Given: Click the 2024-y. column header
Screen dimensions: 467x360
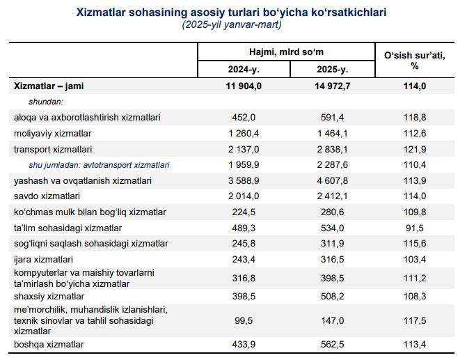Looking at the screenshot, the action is (x=244, y=69).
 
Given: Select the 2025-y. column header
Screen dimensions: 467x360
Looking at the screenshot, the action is (x=333, y=69).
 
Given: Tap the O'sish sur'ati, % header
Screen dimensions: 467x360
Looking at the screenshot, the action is (x=415, y=60).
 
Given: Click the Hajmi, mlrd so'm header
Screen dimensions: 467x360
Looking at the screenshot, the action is (x=286, y=52).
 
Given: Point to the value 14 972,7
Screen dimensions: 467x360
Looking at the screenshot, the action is (x=333, y=86).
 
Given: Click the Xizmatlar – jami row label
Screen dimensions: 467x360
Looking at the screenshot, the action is (x=49, y=86).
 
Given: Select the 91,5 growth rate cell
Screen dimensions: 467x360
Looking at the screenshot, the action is (x=415, y=228).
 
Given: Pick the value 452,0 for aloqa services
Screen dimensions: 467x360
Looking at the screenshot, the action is (x=244, y=117).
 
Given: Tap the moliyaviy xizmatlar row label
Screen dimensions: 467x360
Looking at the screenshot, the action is (x=52, y=133).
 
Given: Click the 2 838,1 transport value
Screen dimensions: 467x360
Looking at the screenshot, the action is (x=333, y=149).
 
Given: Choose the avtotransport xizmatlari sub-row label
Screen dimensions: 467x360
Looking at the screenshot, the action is (x=126, y=165).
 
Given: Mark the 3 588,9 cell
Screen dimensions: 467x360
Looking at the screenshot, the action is (x=244, y=180).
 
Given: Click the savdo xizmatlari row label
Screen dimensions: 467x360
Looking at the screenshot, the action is (x=47, y=196).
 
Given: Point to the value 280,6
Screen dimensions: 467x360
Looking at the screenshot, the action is (x=333, y=212).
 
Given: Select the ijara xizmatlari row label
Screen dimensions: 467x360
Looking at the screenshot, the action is (x=43, y=259).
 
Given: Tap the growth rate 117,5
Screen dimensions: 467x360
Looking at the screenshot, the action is (x=415, y=321).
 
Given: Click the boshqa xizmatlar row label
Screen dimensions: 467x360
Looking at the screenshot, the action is (x=49, y=344).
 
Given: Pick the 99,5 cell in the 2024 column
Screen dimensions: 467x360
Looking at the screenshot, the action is (x=244, y=321).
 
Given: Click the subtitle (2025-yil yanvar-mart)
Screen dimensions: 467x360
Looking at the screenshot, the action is (x=232, y=24).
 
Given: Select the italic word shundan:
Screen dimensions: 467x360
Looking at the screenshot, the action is (x=46, y=102).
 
